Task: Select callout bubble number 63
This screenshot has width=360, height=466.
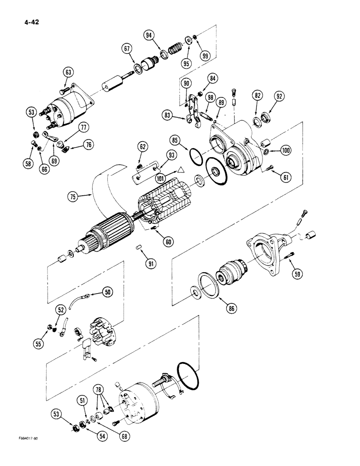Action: [x=69, y=72]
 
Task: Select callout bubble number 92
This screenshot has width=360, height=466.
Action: [x=279, y=97]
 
